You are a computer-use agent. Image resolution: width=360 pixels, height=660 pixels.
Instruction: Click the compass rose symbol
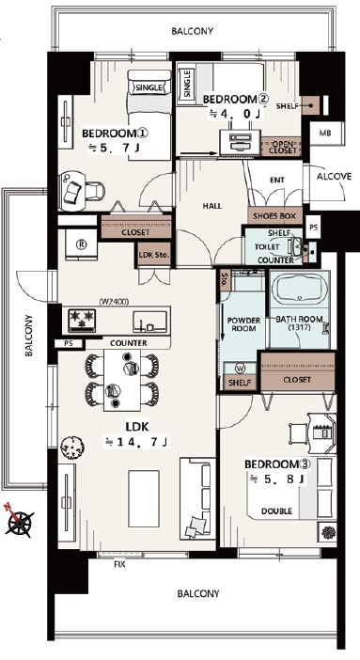pos(19,520)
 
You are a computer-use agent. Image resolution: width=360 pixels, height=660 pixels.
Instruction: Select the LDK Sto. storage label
pos(154,255)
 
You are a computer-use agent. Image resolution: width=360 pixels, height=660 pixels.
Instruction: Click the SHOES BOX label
pos(274,216)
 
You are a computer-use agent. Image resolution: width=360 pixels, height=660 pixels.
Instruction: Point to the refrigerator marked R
pos(82,245)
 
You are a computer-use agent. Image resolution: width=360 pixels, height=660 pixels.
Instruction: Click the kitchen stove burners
pos(82,321)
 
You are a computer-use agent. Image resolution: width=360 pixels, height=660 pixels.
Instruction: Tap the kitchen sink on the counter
pos(149,322)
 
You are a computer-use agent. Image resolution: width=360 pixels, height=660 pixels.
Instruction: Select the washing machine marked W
pos(241,369)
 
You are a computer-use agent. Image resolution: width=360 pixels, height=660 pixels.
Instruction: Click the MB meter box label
pos(324,134)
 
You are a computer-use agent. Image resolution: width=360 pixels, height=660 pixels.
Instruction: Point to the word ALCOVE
pos(334,177)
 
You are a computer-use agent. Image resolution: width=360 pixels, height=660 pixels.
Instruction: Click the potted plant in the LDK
pos(72,447)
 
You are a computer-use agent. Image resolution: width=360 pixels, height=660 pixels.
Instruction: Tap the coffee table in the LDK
pos(144,498)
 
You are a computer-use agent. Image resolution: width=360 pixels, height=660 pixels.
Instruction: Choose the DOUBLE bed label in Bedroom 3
pos(276,511)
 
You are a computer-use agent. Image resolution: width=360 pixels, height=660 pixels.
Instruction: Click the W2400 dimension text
pos(114,302)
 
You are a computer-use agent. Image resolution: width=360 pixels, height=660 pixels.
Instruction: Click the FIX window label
pos(119,564)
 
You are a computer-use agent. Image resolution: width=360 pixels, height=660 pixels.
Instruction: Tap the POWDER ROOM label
pos(243,324)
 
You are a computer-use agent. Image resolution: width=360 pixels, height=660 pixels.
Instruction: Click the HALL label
pos(212,206)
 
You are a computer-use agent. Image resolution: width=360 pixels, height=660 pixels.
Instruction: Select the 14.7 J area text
pos(137,442)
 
